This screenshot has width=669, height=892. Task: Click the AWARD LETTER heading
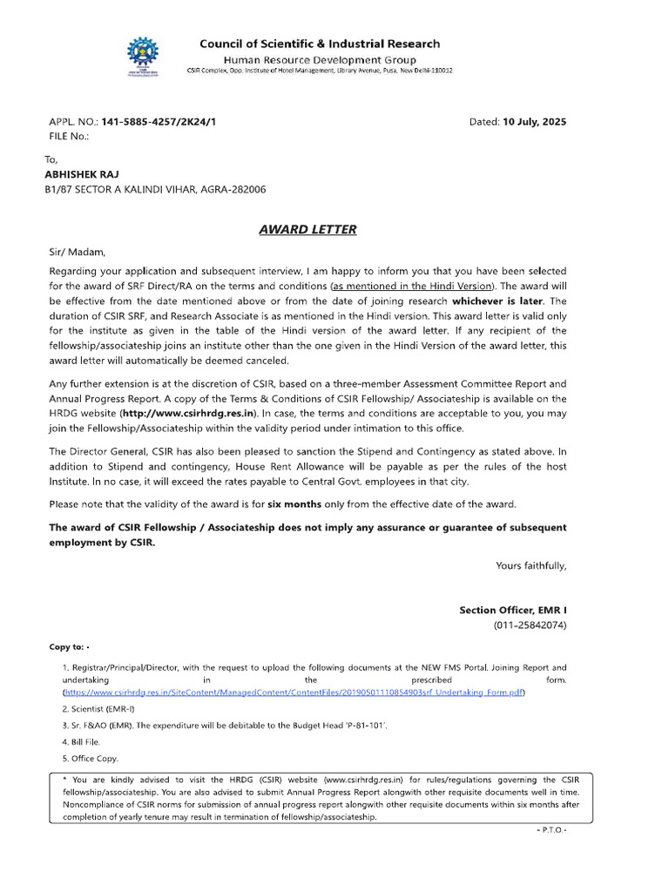[x=307, y=230]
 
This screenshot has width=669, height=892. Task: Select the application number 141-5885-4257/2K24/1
[x=159, y=122]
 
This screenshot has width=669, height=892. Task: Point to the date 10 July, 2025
[x=534, y=122]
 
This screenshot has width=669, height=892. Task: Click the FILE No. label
[x=69, y=137]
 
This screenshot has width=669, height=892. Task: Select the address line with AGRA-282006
[x=156, y=189]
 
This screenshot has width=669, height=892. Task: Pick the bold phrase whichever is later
[x=497, y=300]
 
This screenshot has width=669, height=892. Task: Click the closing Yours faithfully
[x=530, y=565]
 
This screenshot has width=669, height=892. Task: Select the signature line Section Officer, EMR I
[x=512, y=611]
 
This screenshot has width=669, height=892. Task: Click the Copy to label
[x=68, y=647]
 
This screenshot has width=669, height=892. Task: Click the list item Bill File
[x=82, y=741]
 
